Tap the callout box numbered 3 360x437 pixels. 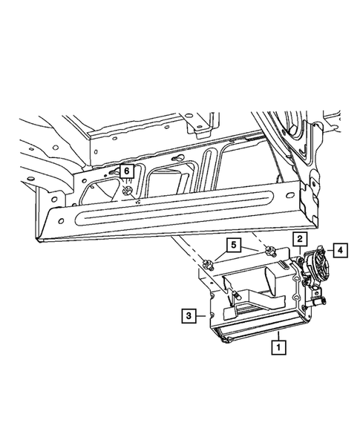click(x=189, y=315)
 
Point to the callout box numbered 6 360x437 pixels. click(x=126, y=171)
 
